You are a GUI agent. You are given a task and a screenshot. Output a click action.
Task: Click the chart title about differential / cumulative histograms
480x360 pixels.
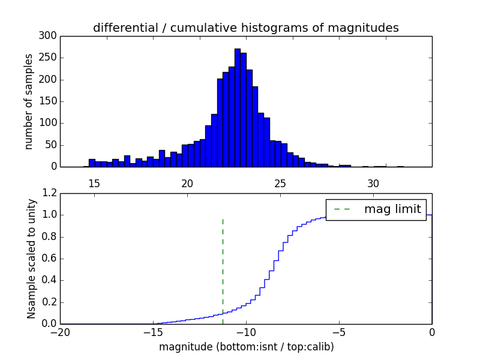click(x=245, y=28)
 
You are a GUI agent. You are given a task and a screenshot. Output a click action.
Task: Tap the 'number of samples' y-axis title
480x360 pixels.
click(x=29, y=101)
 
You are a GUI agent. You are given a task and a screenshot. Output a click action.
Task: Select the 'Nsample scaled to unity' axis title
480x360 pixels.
click(x=31, y=258)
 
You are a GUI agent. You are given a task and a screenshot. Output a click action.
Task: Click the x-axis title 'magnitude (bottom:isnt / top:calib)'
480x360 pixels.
click(x=246, y=347)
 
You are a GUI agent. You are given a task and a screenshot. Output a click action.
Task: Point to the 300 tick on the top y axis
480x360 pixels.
click(x=49, y=36)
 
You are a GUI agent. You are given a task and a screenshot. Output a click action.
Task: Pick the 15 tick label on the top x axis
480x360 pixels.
click(x=94, y=183)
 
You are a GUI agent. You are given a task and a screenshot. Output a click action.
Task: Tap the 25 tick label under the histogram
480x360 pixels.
click(x=280, y=183)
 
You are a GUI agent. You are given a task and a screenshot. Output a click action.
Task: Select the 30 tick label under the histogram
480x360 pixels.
click(x=373, y=183)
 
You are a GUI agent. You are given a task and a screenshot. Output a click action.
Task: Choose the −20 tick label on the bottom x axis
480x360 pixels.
click(x=60, y=332)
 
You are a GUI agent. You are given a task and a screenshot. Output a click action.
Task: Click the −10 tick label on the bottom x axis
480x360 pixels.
click(x=246, y=332)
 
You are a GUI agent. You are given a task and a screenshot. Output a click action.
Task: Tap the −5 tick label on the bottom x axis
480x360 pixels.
click(x=339, y=332)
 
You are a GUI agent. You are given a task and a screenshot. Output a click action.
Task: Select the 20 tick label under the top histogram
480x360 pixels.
click(x=187, y=183)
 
